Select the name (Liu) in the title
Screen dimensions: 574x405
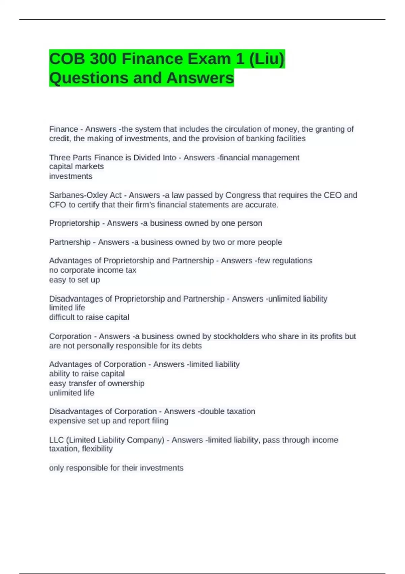(x=267, y=59)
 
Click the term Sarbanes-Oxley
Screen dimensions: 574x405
(x=85, y=195)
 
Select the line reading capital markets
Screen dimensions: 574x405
(x=76, y=167)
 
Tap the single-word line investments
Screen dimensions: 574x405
(x=71, y=176)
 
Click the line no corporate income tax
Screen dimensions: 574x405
(x=92, y=270)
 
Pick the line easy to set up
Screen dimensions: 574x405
(x=74, y=280)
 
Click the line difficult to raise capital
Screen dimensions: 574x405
(x=89, y=317)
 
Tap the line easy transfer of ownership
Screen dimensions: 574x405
(x=97, y=383)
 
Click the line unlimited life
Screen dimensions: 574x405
(x=72, y=393)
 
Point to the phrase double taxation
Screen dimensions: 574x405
(x=228, y=411)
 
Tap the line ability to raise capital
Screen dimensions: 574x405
(x=87, y=374)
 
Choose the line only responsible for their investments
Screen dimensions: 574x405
(x=116, y=468)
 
